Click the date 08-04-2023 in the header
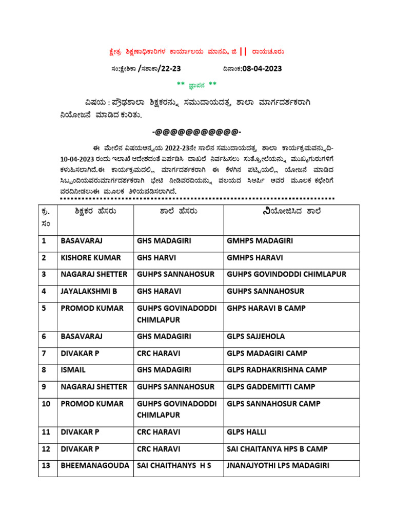257,68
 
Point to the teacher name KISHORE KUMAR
91,257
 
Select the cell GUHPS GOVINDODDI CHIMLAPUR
286,274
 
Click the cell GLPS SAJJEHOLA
255,336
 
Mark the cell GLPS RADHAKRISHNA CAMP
277,370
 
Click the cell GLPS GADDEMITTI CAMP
271,387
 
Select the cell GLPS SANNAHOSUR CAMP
273,404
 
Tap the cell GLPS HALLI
246,432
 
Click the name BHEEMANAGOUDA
94,466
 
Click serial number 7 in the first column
44,353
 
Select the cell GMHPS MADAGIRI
260,240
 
